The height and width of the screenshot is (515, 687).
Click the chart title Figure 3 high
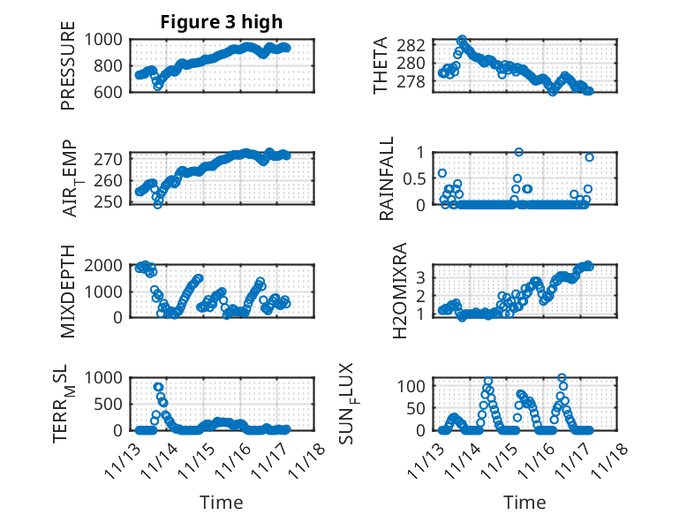point(221,22)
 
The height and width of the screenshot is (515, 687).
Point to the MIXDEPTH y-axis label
point(68,292)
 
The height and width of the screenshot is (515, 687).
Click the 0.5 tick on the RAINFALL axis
point(414,178)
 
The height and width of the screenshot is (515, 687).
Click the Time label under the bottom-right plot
point(525,503)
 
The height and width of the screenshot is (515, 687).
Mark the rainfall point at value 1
point(519,152)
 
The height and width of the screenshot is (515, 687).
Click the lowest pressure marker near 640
point(158,87)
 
